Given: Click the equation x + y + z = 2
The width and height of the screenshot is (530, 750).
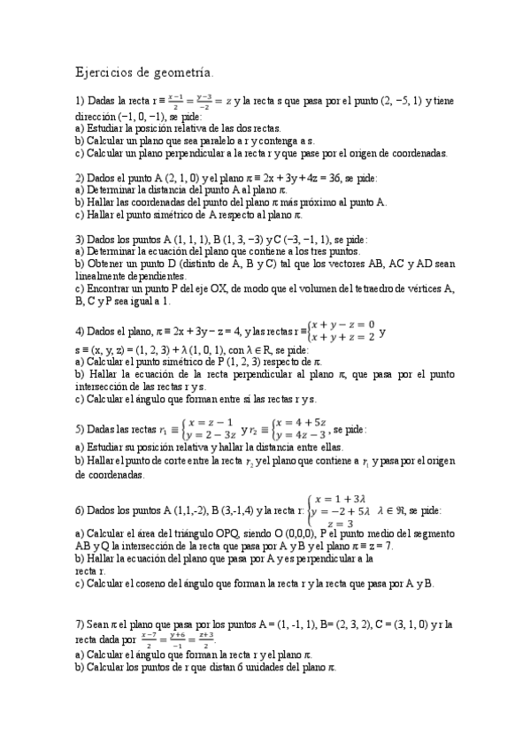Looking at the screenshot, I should pyautogui.click(x=337, y=337).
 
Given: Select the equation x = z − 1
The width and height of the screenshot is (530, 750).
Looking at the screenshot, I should pyautogui.click(x=211, y=422).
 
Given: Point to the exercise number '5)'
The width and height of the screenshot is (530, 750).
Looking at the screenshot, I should pyautogui.click(x=81, y=429).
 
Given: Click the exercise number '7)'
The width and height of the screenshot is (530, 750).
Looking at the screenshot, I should pyautogui.click(x=81, y=624).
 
